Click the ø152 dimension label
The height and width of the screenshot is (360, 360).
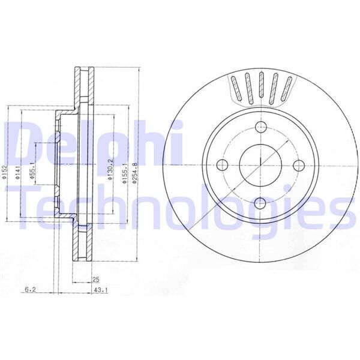[5, 173]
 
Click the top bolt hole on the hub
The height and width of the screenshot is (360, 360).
[261, 127]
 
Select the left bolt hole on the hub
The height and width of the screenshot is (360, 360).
[222, 165]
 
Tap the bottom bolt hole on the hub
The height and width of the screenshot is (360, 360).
[261, 203]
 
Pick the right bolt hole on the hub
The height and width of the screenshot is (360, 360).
[299, 165]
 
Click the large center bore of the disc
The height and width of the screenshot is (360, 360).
[261, 165]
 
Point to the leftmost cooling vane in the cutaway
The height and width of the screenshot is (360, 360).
[235, 88]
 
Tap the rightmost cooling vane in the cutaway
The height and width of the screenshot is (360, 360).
[287, 88]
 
